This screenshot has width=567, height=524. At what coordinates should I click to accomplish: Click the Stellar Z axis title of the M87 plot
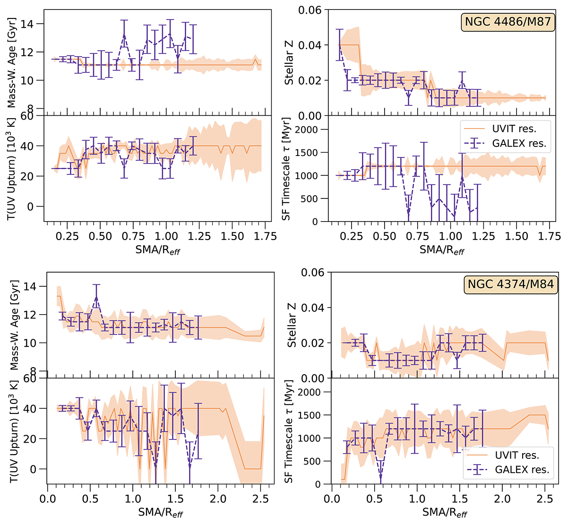(x=289, y=63)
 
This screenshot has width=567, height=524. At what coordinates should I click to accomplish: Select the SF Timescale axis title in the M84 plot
(x=289, y=432)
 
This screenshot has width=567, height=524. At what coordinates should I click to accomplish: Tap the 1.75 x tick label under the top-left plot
(x=264, y=236)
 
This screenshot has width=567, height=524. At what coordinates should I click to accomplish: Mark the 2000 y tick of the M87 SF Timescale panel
(x=306, y=129)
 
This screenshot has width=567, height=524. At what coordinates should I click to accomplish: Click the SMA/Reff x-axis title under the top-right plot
(x=442, y=249)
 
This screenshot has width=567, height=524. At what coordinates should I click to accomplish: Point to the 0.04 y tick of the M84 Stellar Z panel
(x=311, y=308)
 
